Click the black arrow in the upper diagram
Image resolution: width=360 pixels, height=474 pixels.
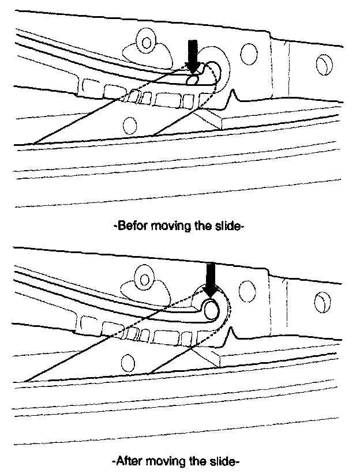(x=193, y=56)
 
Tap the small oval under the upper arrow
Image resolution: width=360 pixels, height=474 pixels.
(x=193, y=80)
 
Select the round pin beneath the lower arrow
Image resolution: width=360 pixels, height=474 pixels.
(x=212, y=310)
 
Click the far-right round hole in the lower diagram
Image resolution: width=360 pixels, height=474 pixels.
(x=322, y=300)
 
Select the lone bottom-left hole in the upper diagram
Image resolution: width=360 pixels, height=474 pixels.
(x=130, y=124)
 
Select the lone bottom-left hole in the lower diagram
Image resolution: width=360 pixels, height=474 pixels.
(x=127, y=362)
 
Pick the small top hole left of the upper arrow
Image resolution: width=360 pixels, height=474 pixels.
(x=147, y=42)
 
